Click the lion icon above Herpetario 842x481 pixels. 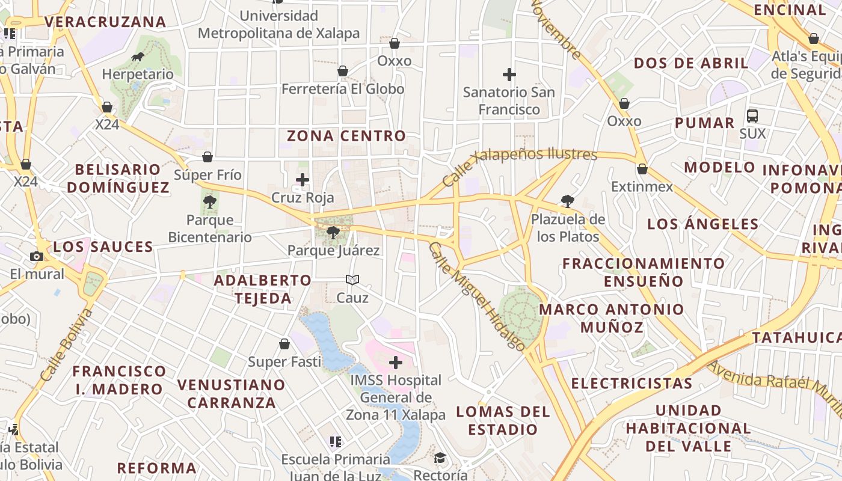pos(138,57)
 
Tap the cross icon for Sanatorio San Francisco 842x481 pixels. pos(509,75)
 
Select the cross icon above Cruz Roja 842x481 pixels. pos(303,179)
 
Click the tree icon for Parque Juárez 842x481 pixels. pos(333,232)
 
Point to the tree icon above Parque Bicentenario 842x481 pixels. pos(210,202)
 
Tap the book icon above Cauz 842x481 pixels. pos(352,280)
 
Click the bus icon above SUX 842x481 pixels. pos(752,115)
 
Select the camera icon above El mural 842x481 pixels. pos(37,256)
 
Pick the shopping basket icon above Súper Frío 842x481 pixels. pos(207,157)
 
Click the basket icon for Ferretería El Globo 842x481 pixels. pos(343,71)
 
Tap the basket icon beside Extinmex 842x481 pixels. pos(642,169)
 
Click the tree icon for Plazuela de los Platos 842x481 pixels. pos(567,201)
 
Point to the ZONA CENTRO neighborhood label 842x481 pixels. pos(346,136)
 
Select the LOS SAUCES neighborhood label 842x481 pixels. pos(103,247)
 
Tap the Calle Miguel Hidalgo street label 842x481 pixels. pos(477,296)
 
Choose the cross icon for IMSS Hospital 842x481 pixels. pos(396,363)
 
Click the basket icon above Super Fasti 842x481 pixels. pos(284,344)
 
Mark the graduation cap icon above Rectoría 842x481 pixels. pos(440,458)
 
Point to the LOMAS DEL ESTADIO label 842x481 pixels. pos(503,420)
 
